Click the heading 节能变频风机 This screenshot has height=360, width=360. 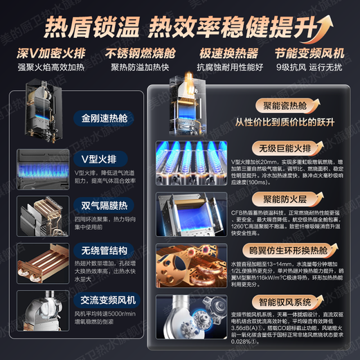coord(308,53)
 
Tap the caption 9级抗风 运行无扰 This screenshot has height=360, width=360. coord(308,68)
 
